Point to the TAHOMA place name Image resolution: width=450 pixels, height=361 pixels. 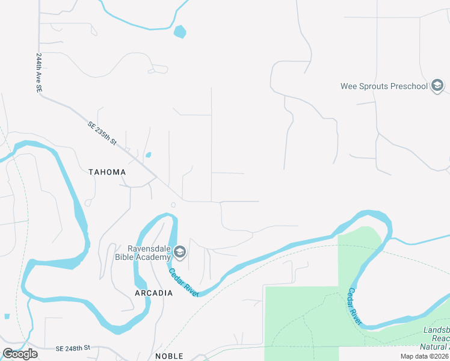[x=107, y=172]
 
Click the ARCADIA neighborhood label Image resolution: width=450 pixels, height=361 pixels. [x=153, y=293]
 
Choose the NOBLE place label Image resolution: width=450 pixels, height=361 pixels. [x=169, y=356]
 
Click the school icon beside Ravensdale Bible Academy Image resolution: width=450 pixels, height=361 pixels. [x=180, y=251]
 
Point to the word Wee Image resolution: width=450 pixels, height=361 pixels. [x=350, y=86]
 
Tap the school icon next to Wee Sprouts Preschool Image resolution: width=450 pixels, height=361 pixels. [x=437, y=86]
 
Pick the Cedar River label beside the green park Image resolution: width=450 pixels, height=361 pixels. [x=355, y=307]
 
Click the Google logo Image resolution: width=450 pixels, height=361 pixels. [x=20, y=354]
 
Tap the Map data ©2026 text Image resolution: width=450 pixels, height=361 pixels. [x=424, y=356]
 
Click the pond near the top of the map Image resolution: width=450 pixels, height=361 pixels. [x=179, y=31]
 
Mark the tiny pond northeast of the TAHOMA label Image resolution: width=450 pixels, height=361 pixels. [x=148, y=155]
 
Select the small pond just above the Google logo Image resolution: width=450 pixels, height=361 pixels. [x=7, y=316]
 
